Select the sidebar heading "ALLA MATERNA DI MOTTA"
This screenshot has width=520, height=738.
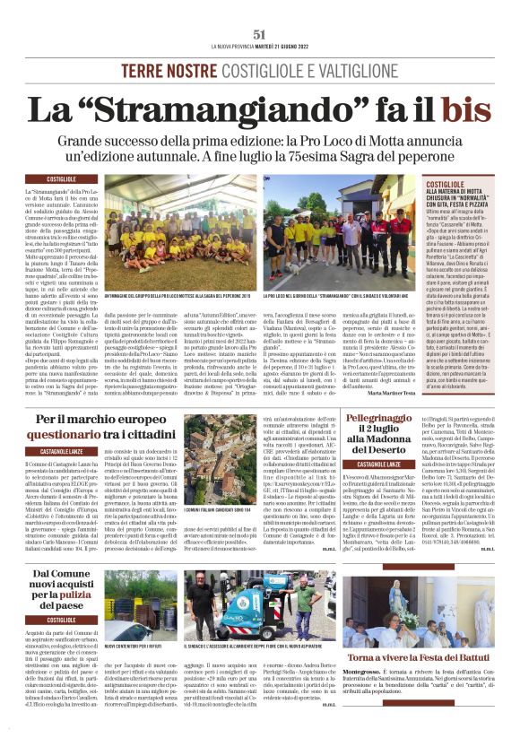pos(459,192)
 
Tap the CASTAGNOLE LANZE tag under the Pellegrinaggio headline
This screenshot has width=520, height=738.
pos(383,465)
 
